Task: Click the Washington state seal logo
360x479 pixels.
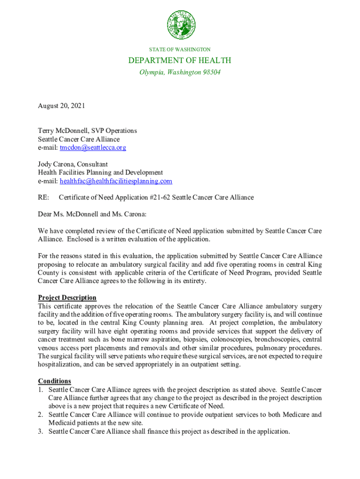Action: pyautogui.click(x=181, y=25)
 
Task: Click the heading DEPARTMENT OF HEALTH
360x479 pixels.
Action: pyautogui.click(x=180, y=60)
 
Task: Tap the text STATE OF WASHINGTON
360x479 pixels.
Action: pyautogui.click(x=180, y=49)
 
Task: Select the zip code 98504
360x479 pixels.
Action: pyautogui.click(x=209, y=73)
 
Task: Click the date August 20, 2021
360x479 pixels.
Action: pyautogui.click(x=61, y=106)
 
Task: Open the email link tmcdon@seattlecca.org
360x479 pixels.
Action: pyautogui.click(x=93, y=148)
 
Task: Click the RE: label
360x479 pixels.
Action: pyautogui.click(x=43, y=197)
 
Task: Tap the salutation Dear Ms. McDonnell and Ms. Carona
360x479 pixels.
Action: pyautogui.click(x=92, y=214)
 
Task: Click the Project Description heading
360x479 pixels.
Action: pyautogui.click(x=67, y=298)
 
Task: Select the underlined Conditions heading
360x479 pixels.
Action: pyautogui.click(x=54, y=381)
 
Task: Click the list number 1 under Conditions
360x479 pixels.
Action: pyautogui.click(x=41, y=390)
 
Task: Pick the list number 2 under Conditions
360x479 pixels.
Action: pyautogui.click(x=41, y=415)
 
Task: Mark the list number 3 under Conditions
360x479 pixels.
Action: pyautogui.click(x=41, y=432)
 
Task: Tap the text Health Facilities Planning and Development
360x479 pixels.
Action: pyautogui.click(x=100, y=173)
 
